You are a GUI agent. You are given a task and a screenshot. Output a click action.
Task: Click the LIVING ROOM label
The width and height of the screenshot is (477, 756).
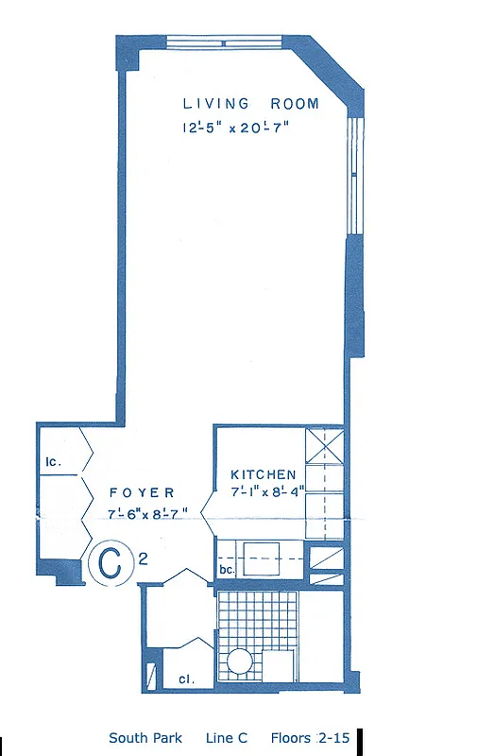point(250,104)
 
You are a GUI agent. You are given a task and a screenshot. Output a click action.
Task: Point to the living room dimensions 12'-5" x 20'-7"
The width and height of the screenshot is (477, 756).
point(235,129)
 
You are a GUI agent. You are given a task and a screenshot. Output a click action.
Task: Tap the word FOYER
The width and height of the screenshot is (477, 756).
point(142,492)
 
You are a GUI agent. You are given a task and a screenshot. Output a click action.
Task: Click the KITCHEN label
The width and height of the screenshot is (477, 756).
point(264,473)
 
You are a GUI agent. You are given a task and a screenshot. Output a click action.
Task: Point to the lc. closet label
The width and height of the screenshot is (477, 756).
point(53,462)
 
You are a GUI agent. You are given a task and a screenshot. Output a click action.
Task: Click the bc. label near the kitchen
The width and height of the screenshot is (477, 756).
point(226,570)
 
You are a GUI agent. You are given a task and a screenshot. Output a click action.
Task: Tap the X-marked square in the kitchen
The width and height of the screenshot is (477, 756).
point(325,443)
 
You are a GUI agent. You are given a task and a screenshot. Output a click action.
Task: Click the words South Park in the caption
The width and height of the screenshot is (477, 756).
point(145,738)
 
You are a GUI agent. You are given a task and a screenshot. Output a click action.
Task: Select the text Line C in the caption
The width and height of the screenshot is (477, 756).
point(227,738)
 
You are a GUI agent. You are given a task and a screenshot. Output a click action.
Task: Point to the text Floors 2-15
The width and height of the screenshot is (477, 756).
point(310,738)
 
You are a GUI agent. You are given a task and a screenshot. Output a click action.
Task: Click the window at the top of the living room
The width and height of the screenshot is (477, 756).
point(223,41)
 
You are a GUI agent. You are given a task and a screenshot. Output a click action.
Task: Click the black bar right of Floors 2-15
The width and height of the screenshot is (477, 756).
point(360,740)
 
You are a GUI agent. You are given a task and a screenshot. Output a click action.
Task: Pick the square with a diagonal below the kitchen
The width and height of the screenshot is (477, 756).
point(327,558)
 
